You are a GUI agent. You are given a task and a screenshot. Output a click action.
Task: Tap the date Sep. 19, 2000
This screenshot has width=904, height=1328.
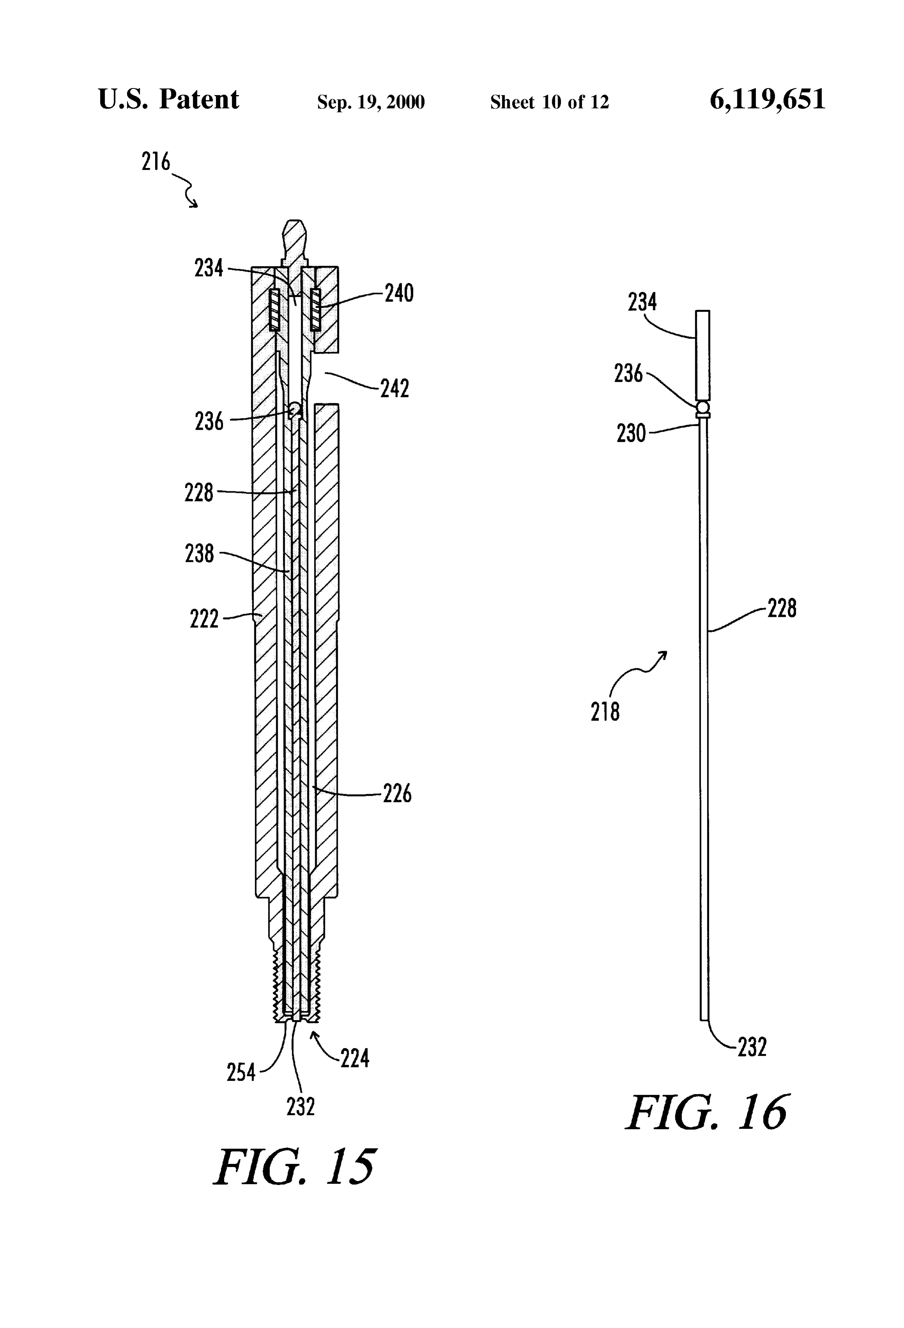click(371, 102)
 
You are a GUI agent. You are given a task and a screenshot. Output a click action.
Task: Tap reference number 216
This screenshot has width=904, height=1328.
click(156, 162)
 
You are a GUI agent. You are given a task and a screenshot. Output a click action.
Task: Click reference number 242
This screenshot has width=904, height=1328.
click(395, 389)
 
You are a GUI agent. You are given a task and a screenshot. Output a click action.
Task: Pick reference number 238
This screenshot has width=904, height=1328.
click(200, 553)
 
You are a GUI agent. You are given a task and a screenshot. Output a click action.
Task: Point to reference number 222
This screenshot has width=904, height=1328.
click(204, 619)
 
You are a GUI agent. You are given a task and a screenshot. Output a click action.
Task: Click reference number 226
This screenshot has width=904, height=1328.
click(397, 794)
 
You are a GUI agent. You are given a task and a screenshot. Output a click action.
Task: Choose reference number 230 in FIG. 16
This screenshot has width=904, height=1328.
click(631, 433)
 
